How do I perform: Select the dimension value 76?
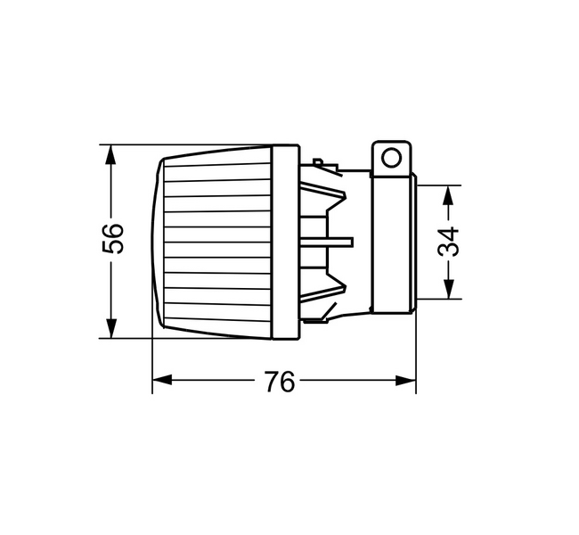click(x=279, y=382)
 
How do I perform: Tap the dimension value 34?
click(x=451, y=242)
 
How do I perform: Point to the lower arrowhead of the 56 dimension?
click(x=110, y=329)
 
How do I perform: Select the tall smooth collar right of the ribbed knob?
click(x=285, y=243)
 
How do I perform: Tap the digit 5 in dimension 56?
click(x=111, y=249)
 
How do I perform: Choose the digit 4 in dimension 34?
click(x=451, y=234)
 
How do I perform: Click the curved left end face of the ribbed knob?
click(x=158, y=243)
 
